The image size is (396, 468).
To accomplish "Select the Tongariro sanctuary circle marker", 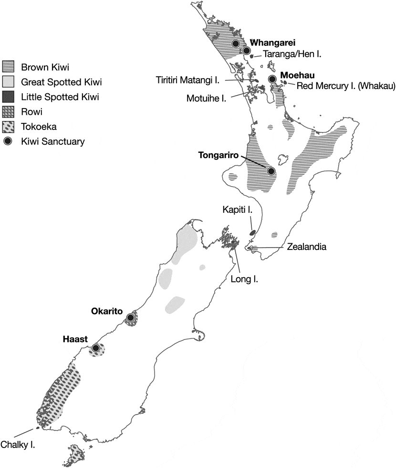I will [271, 171].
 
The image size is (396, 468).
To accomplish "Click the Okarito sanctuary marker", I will [130, 318].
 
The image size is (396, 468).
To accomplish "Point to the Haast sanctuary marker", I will [96, 349].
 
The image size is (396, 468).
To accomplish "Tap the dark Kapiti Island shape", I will [252, 233].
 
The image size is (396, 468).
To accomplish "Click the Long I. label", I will [247, 279].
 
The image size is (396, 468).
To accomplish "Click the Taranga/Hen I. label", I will [293, 55].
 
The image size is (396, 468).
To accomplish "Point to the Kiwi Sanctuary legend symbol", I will [9, 141].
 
